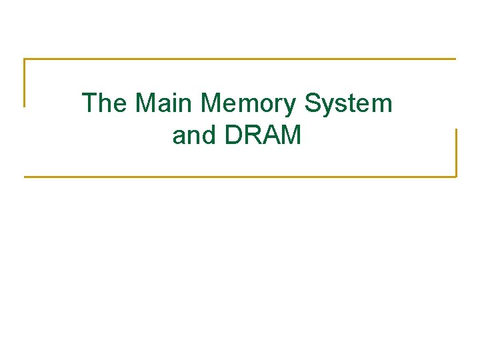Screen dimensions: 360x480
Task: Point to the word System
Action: (349, 103)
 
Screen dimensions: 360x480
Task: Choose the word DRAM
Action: (264, 135)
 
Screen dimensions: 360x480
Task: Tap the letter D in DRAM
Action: (235, 135)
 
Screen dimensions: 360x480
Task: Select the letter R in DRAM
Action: (253, 135)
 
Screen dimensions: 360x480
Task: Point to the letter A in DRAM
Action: (271, 135)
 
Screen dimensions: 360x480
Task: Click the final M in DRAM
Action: (291, 135)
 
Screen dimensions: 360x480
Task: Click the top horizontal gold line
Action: (240, 59)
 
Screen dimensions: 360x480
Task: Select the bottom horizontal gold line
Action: (240, 177)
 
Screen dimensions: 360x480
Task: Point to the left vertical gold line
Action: (25, 83)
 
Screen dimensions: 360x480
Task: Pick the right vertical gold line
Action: (456, 153)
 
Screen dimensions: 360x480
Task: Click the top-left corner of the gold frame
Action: (25, 59)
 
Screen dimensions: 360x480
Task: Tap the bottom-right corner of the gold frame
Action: (456, 177)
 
